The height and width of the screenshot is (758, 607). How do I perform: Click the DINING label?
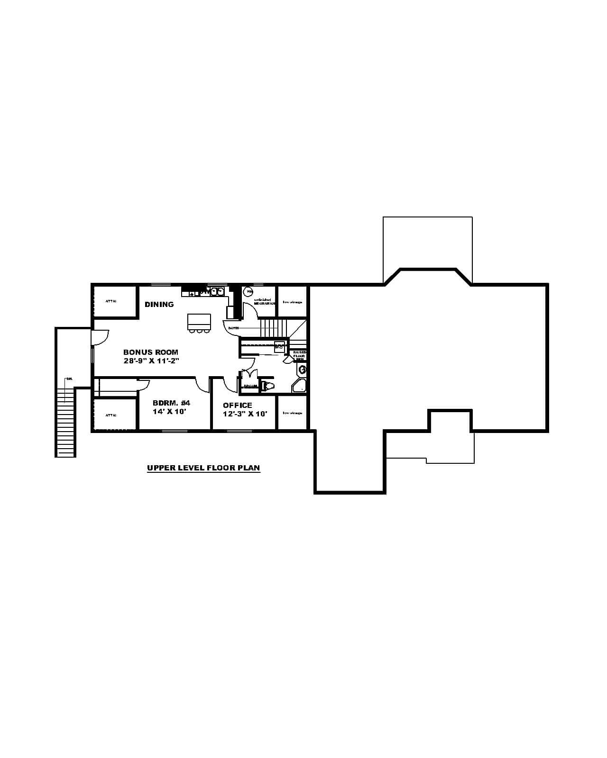point(159,305)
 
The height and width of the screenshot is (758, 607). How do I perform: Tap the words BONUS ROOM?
point(151,352)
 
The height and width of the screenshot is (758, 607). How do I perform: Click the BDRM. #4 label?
point(171,403)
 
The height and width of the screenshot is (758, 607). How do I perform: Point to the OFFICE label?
point(238,406)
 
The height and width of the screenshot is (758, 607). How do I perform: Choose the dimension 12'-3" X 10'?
point(245,414)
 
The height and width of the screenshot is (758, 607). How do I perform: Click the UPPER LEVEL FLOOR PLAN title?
point(203,468)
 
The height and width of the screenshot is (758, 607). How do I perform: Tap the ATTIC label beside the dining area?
point(111,301)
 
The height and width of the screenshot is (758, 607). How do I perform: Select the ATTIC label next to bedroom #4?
point(111,415)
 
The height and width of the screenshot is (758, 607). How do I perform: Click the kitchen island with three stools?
point(199,322)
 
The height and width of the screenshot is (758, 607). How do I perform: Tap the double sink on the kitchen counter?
point(217,291)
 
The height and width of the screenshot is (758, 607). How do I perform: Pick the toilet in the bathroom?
point(268,386)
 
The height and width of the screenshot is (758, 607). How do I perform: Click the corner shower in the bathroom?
point(300,386)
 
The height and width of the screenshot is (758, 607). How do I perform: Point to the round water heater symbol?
point(248,292)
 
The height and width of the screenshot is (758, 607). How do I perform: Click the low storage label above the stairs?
point(293,302)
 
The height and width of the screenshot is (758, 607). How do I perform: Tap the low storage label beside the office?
point(293,413)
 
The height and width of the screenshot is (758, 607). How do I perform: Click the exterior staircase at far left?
point(65,422)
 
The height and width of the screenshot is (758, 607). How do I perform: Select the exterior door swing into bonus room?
point(100,337)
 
